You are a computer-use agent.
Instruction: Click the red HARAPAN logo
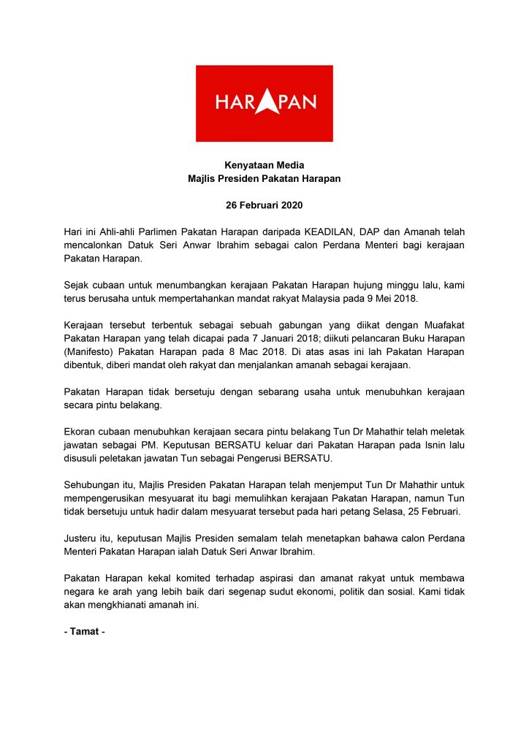click(264, 103)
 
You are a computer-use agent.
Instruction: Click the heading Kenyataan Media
click(264, 165)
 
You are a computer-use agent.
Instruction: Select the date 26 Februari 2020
click(264, 205)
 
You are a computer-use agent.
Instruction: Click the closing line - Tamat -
click(85, 631)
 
